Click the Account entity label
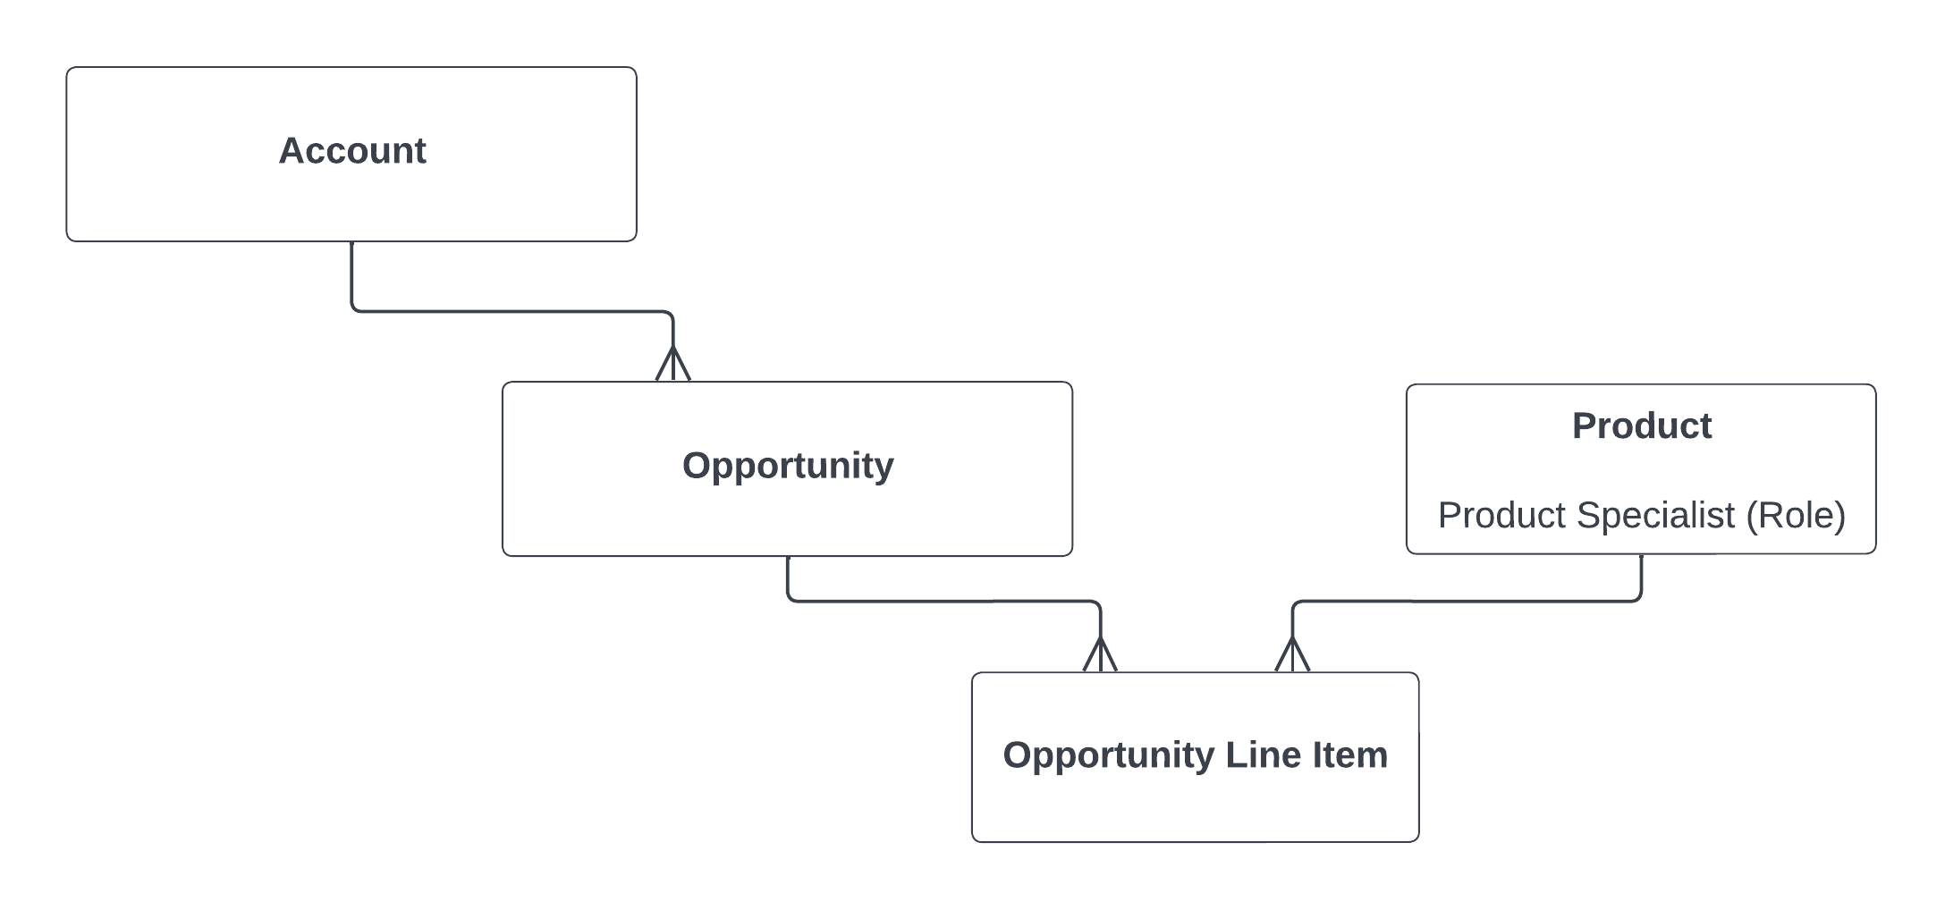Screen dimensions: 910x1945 click(352, 151)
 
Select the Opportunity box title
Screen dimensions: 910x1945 click(788, 466)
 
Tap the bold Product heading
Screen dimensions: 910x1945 click(1641, 426)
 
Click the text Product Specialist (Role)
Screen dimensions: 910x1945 click(1641, 516)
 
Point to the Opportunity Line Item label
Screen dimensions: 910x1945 click(1195, 755)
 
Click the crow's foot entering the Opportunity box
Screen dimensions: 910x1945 click(672, 365)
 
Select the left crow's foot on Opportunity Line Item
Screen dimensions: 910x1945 click(1100, 655)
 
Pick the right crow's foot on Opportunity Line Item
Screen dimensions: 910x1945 click(1292, 655)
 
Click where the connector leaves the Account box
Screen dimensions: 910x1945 click(352, 245)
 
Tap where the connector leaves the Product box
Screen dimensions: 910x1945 click(1641, 558)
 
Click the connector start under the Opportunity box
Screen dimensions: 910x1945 click(788, 560)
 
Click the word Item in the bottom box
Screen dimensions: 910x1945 click(1349, 755)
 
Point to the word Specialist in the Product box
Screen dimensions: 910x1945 click(1654, 516)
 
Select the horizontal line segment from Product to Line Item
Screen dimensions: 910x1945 click(1467, 602)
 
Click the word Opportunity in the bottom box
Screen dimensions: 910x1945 click(1108, 755)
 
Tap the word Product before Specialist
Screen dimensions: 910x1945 click(1501, 516)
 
